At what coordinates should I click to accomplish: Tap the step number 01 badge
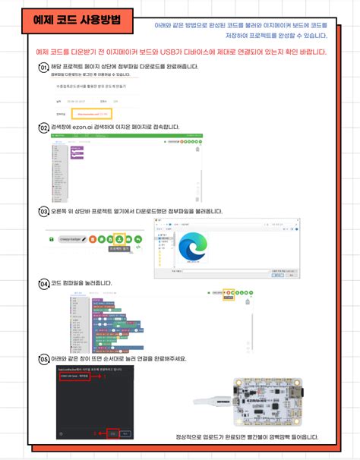point(44,68)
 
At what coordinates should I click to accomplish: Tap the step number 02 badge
point(44,128)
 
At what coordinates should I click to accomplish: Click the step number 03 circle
point(44,211)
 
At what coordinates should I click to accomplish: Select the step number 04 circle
point(44,283)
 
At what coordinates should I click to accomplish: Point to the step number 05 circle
point(44,358)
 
